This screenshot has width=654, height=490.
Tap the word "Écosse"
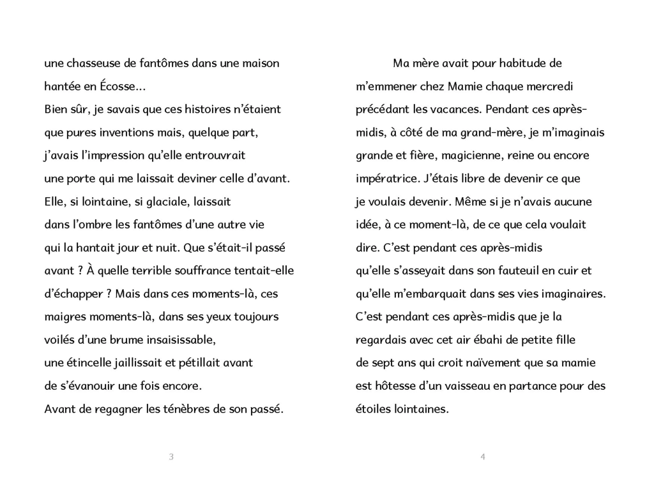(111, 87)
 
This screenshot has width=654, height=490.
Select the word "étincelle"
(89, 362)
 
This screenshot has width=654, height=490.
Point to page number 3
(171, 456)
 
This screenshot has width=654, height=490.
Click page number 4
(483, 456)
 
